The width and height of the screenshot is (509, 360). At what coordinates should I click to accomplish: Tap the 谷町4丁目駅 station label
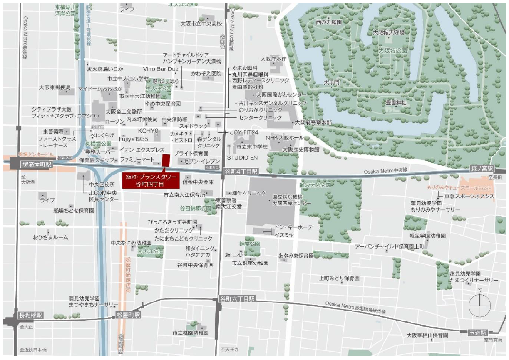click(x=241, y=171)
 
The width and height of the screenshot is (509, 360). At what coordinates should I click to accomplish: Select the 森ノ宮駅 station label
click(x=481, y=169)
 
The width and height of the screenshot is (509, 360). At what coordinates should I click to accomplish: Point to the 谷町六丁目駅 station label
click(x=237, y=299)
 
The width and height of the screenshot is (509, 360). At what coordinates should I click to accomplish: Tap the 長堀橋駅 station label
click(x=31, y=315)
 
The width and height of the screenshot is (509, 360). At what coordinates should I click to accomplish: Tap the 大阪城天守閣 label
click(x=389, y=32)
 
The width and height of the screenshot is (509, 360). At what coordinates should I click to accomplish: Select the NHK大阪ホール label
click(x=284, y=137)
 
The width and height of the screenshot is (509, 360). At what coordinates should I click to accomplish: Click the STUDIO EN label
click(x=242, y=157)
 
